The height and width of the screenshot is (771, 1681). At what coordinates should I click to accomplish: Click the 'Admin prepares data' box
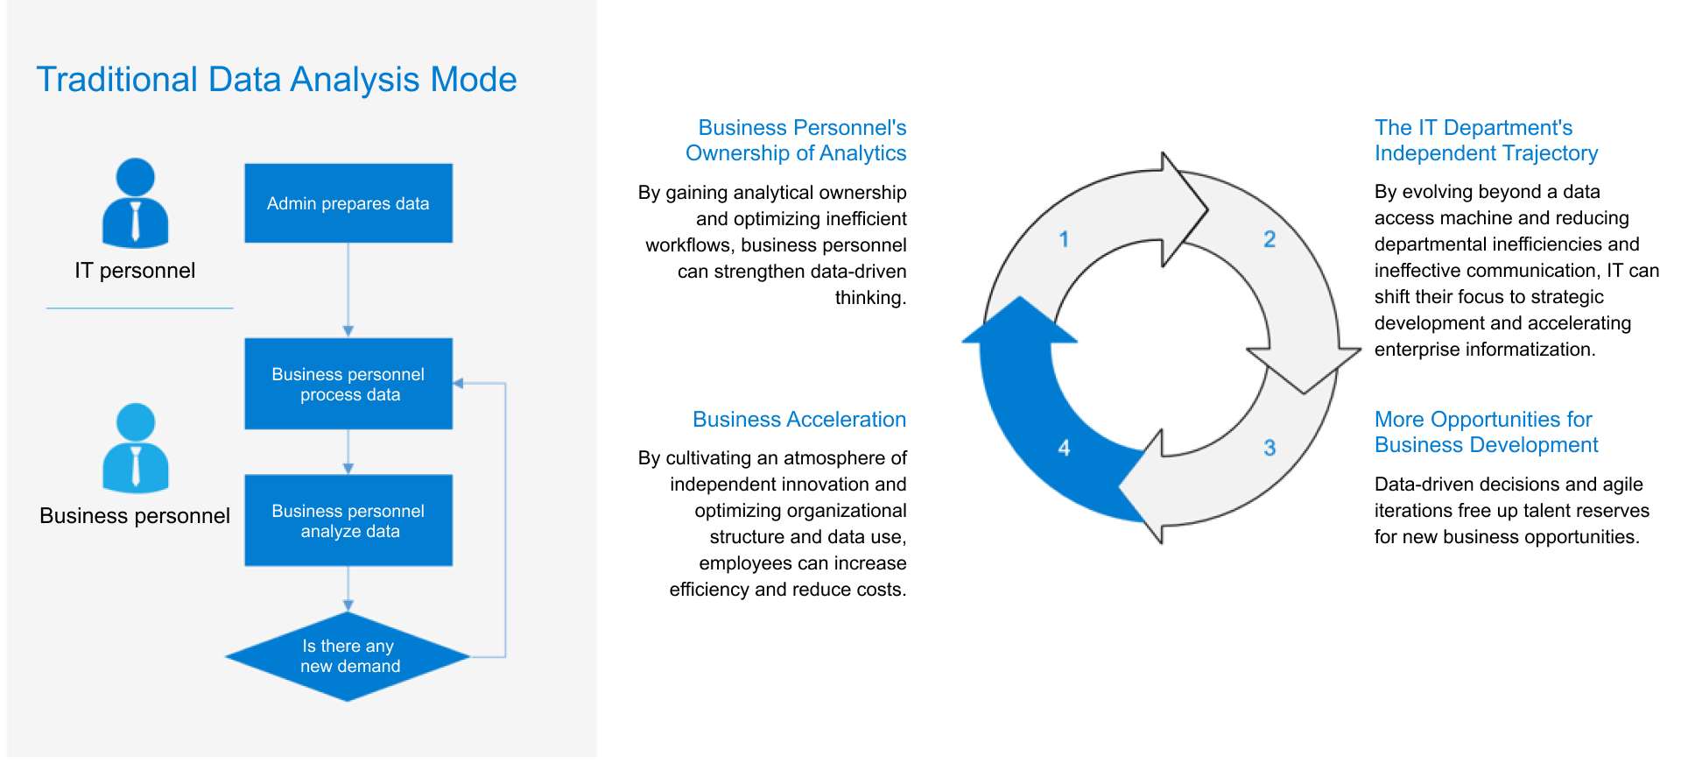click(348, 203)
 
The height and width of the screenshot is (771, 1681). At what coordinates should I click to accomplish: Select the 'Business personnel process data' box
click(348, 384)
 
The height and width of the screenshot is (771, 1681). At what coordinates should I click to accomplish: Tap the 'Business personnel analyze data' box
click(348, 520)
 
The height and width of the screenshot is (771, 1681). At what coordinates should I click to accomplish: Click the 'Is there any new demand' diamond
click(348, 656)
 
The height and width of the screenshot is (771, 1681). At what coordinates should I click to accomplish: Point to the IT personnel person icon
click(135, 202)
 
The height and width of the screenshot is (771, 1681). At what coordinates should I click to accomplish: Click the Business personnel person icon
click(135, 448)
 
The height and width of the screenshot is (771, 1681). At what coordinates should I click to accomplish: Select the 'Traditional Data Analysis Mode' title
click(277, 80)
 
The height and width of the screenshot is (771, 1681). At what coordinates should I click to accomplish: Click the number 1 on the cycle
click(1064, 239)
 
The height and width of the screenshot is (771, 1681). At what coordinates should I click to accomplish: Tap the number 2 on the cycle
click(1270, 239)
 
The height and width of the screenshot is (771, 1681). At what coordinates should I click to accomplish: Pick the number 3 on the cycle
click(1270, 448)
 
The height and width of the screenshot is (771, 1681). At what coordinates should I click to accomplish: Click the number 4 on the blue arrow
click(1064, 448)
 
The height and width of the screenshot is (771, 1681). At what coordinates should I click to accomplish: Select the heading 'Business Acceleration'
click(798, 420)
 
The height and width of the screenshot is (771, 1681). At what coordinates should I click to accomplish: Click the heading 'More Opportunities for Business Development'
click(1486, 432)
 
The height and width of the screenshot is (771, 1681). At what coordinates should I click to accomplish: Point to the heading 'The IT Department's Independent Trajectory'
click(1486, 140)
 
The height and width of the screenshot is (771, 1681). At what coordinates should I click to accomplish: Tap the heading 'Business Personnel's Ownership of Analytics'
click(796, 140)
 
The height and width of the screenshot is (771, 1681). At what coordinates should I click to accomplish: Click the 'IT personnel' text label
click(135, 271)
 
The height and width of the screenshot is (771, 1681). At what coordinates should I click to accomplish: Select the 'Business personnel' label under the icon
click(135, 516)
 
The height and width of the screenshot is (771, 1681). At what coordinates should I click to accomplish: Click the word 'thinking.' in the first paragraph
click(870, 298)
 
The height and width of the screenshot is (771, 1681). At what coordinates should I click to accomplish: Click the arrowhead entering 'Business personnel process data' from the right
click(458, 383)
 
